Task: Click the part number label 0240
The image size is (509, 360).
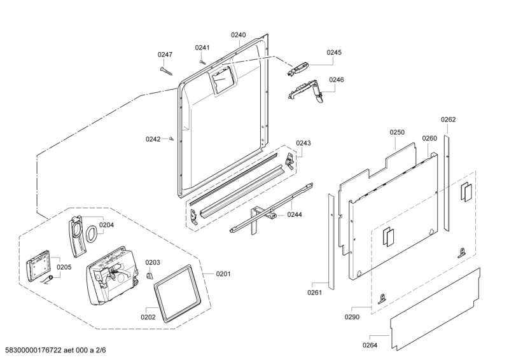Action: click(x=238, y=35)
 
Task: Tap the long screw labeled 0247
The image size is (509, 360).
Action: click(x=166, y=71)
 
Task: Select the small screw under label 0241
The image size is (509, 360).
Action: click(x=202, y=61)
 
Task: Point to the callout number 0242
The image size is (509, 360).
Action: click(x=153, y=139)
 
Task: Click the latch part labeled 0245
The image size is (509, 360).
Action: click(x=297, y=69)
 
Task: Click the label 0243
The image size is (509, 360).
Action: click(x=303, y=143)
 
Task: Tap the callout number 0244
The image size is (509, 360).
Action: click(x=295, y=214)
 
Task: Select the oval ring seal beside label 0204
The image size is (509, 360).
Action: click(x=92, y=233)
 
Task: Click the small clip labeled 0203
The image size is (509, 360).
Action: click(x=150, y=276)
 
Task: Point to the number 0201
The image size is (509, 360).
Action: click(x=223, y=274)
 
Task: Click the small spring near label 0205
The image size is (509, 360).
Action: click(x=47, y=279)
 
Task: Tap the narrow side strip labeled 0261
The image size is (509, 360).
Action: click(x=331, y=242)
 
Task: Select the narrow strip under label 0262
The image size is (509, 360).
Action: click(x=447, y=183)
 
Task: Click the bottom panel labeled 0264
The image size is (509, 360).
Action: click(x=435, y=309)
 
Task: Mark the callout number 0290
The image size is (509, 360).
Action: click(x=352, y=317)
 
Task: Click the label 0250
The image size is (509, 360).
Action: click(x=397, y=132)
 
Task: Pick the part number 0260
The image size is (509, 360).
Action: click(x=429, y=138)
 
